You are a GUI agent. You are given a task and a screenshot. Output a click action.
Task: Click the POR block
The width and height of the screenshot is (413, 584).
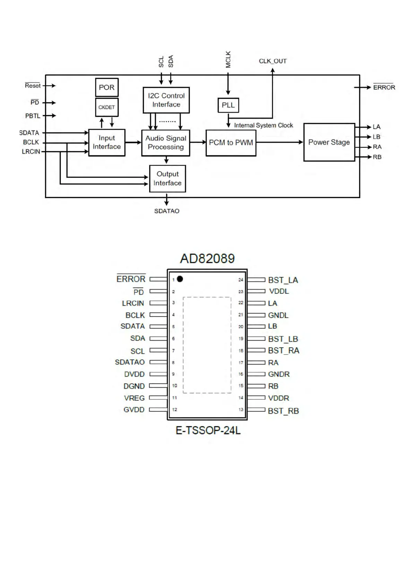pos(107,87)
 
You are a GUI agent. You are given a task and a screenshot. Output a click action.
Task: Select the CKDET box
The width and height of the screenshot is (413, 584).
pos(106,107)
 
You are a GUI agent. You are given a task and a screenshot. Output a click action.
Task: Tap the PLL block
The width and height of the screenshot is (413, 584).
pos(228,105)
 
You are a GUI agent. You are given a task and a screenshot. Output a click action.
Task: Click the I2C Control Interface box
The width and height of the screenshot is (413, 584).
pos(166,100)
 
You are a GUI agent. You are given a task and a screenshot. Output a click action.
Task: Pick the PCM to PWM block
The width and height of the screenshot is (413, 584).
pos(231,143)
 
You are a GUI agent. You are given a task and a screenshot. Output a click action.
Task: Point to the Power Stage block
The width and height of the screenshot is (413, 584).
pos(329,142)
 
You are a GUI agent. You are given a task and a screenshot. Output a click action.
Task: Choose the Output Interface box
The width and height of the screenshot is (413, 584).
pos(167,179)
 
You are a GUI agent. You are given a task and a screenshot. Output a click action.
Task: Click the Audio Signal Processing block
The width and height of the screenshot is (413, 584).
pos(166,143)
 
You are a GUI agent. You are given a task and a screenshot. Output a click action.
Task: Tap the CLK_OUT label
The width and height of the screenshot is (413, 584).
pos(273,61)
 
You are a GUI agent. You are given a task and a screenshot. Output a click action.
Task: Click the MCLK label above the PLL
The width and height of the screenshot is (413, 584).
pos(228,59)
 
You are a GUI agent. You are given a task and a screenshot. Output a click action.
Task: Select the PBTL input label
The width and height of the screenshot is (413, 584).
pos(33,116)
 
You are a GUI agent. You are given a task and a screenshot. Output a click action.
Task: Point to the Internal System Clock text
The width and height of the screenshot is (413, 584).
pos(264,125)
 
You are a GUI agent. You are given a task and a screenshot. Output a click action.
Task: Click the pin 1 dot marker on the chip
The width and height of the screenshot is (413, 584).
pos(180,279)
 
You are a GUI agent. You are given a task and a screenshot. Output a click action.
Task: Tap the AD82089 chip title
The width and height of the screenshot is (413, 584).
pos(207,259)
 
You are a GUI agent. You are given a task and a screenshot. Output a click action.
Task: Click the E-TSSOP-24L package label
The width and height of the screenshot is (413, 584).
pos(208,430)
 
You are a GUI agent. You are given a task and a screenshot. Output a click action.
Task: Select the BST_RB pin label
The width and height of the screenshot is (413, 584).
pos(283,411)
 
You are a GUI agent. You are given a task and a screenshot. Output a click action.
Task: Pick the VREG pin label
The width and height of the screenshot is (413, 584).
pos(134,398)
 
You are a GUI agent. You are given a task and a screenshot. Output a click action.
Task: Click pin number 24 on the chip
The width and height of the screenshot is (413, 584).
pos(241,280)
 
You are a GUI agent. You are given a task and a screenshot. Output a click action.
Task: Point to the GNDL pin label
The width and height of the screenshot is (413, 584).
pos(278,315)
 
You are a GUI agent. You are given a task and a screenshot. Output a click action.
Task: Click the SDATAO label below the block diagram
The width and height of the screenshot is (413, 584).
pos(167,211)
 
